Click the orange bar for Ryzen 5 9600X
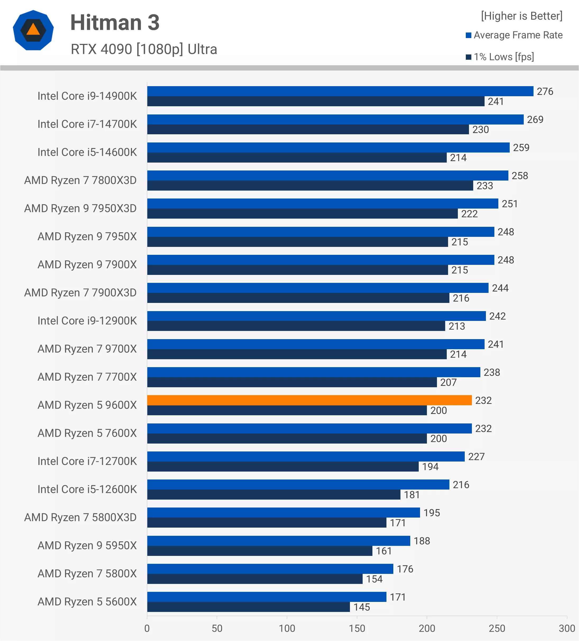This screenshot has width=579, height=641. pyautogui.click(x=309, y=400)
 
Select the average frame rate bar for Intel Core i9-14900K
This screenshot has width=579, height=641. pyautogui.click(x=340, y=91)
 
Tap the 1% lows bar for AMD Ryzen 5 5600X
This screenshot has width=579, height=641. pyautogui.click(x=248, y=607)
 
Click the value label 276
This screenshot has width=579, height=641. pyautogui.click(x=545, y=91)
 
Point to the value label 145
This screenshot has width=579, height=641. pyautogui.click(x=362, y=607)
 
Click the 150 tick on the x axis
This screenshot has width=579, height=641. pyautogui.click(x=357, y=628)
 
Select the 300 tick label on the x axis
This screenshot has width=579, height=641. pyautogui.click(x=567, y=628)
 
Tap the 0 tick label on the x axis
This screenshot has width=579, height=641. pyautogui.click(x=147, y=628)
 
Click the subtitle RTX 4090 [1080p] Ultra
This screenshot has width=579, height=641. pyautogui.click(x=144, y=49)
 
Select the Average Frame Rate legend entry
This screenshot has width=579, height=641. pyautogui.click(x=514, y=35)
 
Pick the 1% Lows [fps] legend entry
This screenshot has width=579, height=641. pyautogui.click(x=500, y=57)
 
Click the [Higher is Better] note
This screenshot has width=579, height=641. pyautogui.click(x=521, y=16)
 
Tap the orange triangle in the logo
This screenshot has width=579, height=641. pyautogui.click(x=33, y=30)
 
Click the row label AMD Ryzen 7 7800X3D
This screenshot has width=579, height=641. pyautogui.click(x=80, y=180)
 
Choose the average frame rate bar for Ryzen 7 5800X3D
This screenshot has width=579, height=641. pyautogui.click(x=283, y=513)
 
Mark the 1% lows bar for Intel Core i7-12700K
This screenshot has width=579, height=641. pyautogui.click(x=282, y=467)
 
